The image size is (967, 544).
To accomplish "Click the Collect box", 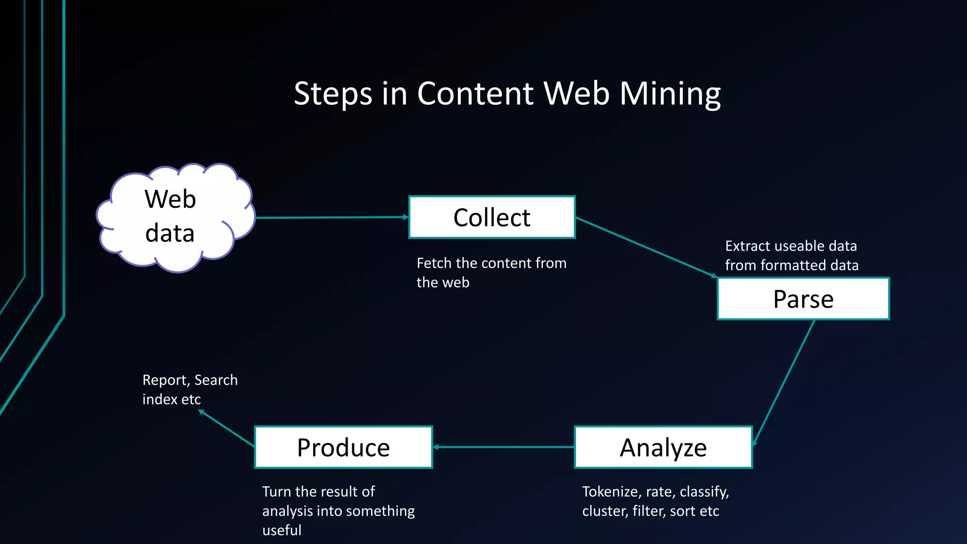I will (492, 217).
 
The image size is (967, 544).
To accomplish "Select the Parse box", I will (803, 299).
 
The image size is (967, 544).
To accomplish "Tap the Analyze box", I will (663, 447).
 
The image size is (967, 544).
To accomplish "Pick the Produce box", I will (343, 447).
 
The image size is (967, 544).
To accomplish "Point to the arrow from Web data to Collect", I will (331, 217).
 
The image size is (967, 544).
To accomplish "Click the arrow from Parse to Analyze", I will (784, 382).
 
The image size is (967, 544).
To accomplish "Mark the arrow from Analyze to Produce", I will (503, 447).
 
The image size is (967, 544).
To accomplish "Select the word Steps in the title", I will (333, 93).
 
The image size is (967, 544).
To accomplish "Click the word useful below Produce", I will (281, 530).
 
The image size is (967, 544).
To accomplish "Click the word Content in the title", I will (475, 93).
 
